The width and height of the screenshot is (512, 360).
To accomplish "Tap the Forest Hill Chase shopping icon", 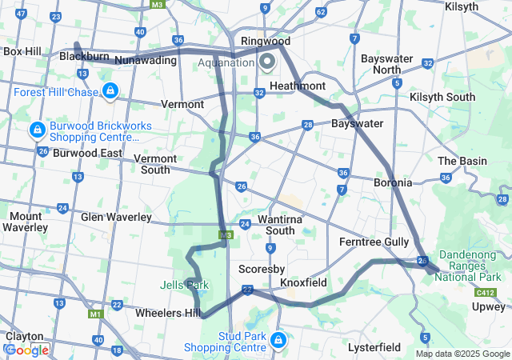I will click(111, 91).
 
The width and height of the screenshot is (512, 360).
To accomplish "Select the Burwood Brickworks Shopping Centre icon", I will click(37, 130).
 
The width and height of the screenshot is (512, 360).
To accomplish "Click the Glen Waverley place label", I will click(116, 217).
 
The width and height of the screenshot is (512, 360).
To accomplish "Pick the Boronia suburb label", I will click(393, 182).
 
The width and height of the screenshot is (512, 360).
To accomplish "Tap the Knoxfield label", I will click(303, 282).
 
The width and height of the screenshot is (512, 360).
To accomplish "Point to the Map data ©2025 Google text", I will click(462, 354).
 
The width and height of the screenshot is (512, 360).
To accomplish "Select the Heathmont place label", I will click(298, 86).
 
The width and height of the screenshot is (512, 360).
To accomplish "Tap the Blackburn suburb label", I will click(84, 57).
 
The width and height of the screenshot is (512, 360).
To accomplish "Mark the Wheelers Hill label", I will click(168, 313).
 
